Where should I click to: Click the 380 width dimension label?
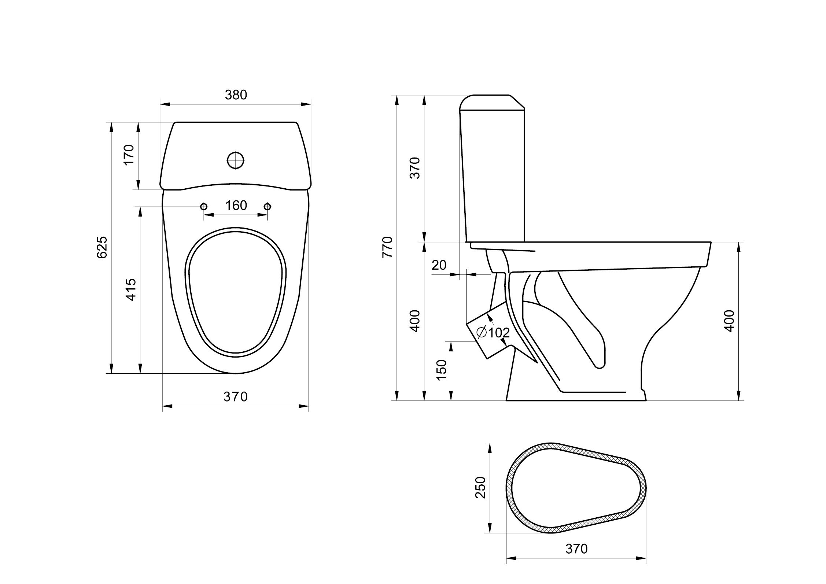(x=236, y=95)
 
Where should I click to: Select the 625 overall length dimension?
(x=102, y=247)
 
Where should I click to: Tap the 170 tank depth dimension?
(x=129, y=155)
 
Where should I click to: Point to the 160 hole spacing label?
(x=236, y=206)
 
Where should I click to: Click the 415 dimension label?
(x=131, y=290)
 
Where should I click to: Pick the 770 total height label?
(x=387, y=247)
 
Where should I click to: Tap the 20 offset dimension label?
(x=439, y=265)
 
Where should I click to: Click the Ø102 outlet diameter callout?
(x=493, y=333)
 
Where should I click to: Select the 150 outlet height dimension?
(x=442, y=370)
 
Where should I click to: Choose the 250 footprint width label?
(x=480, y=487)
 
